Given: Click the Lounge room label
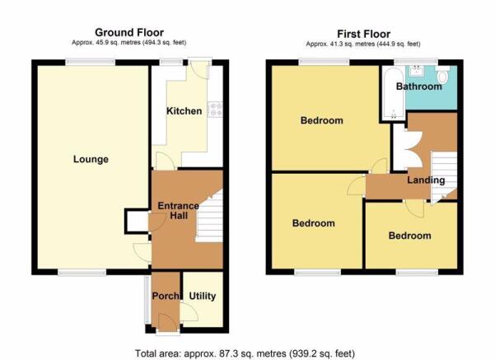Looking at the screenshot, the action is [91, 159].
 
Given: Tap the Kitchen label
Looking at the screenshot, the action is [184, 111].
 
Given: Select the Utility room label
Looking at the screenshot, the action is [203, 297].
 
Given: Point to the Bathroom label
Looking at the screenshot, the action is [419, 86].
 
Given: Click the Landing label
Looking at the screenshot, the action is [426, 180].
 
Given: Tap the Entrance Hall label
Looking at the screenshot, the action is [179, 211].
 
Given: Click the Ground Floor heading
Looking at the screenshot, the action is [129, 32].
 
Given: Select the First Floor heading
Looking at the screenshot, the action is [364, 34].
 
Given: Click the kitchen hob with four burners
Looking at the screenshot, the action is [215, 110].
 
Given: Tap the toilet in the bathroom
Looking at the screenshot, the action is [443, 74].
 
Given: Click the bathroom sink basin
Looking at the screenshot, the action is [417, 70].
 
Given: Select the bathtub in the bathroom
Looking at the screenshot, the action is [393, 93].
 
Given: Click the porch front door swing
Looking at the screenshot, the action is [168, 323].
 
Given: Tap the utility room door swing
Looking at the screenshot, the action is [189, 312].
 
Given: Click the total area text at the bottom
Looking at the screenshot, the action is [245, 353].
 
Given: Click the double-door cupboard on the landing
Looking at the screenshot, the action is [407, 149].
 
